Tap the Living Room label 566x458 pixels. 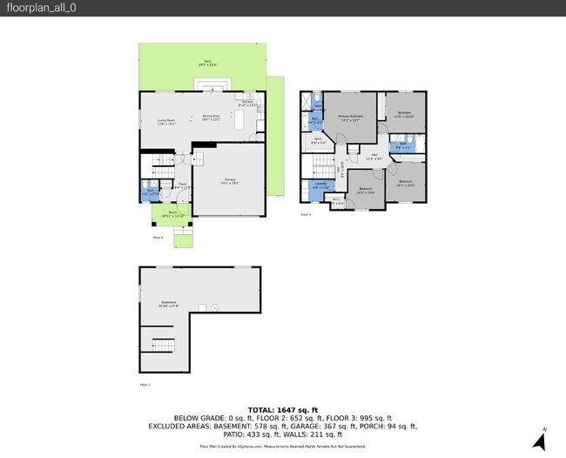click(x=166, y=123)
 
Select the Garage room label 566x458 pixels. click(x=229, y=181)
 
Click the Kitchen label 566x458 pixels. click(x=247, y=104)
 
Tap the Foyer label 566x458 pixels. click(x=183, y=185)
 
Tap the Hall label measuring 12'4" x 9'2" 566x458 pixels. click(x=374, y=158)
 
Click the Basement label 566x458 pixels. click(x=167, y=304)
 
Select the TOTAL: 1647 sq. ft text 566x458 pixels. click(x=283, y=410)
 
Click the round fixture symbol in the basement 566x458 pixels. click(x=203, y=308)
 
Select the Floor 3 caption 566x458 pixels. click(x=306, y=213)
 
